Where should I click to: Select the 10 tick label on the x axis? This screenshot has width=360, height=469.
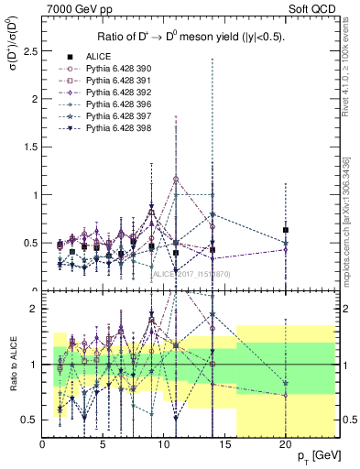pos(165,444)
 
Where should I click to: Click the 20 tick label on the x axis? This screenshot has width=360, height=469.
pos(287,444)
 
